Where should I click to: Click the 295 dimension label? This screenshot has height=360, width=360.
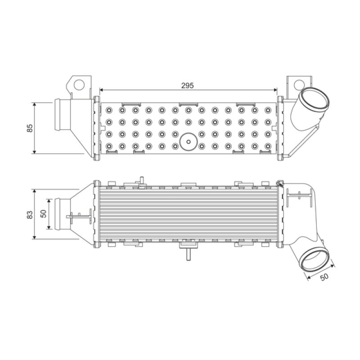tap(187, 85)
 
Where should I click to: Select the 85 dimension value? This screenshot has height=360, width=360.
tap(30, 128)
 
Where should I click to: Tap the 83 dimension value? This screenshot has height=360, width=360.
tap(30, 215)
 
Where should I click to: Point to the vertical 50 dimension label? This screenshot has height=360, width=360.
tap(43, 213)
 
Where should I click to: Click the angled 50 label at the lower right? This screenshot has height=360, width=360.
tap(324, 277)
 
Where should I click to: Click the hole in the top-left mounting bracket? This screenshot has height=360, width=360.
tap(79, 85)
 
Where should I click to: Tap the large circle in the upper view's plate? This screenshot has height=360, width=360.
tap(189, 142)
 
